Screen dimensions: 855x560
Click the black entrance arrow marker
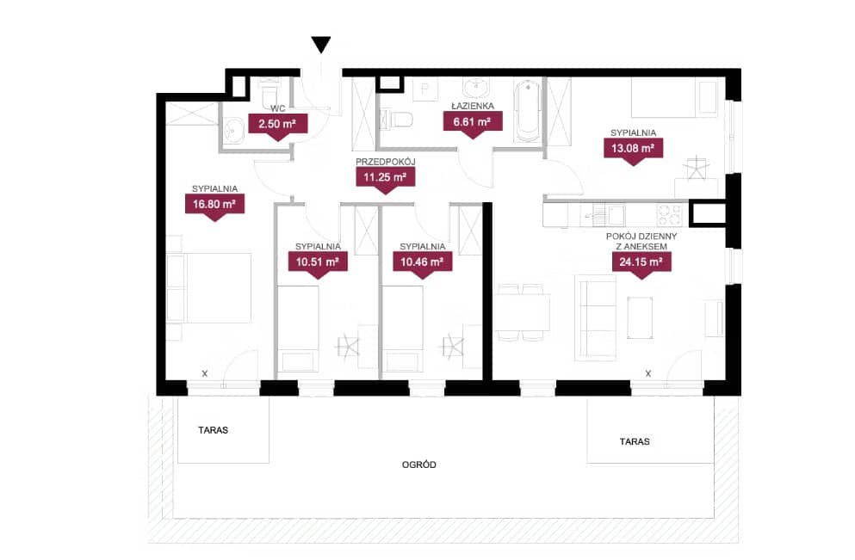pos(321,45)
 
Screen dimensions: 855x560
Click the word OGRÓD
pos(418,465)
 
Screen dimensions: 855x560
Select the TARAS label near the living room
pos(635,441)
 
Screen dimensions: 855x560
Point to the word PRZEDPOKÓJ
pos(386,162)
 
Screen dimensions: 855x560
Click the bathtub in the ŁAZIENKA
pos(528,111)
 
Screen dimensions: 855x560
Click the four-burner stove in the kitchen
pos(668,215)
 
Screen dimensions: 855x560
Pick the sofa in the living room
pos(596,317)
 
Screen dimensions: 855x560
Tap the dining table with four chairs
pos(522,312)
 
